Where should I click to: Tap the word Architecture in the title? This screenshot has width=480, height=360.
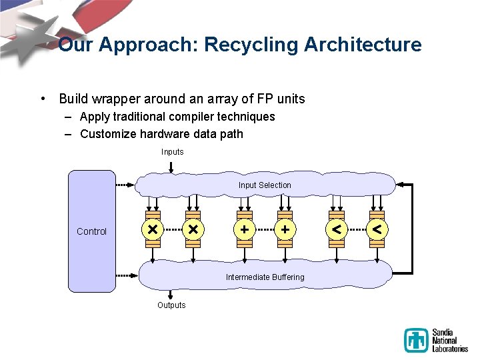[363, 45]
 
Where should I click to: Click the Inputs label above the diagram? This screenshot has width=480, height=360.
[172, 152]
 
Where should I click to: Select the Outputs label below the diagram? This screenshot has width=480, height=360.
[171, 305]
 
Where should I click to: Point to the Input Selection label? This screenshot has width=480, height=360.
[265, 185]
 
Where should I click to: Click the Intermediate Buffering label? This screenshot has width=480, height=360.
[265, 277]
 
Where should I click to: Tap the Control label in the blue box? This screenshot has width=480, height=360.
[91, 231]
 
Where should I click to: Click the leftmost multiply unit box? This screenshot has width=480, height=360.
[153, 229]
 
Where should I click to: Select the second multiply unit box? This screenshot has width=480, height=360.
[193, 229]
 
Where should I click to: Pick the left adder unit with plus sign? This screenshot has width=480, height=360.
[245, 229]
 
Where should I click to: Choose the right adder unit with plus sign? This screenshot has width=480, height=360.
[285, 229]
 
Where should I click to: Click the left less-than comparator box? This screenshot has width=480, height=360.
[338, 229]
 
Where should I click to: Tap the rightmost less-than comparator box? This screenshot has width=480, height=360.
[377, 229]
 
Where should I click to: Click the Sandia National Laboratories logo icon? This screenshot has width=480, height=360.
[416, 341]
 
